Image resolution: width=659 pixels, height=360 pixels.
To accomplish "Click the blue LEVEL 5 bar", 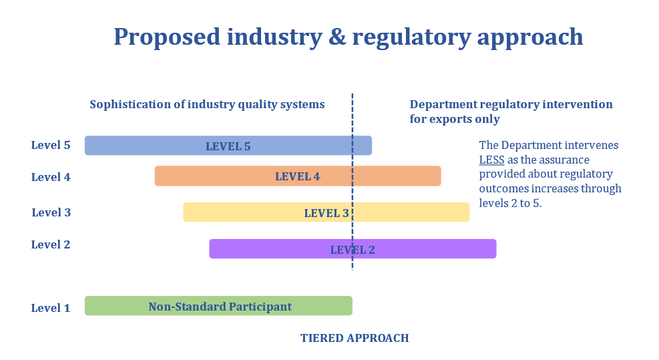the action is (228, 146).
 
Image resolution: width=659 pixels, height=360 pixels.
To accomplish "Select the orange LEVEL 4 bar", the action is (298, 176).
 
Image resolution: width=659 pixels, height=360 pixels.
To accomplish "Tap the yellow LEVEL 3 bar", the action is (326, 212).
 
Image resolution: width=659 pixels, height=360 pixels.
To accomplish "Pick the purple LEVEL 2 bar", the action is (353, 248).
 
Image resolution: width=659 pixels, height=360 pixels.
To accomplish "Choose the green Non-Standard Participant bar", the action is (218, 306).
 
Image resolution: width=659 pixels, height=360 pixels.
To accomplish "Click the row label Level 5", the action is (51, 145).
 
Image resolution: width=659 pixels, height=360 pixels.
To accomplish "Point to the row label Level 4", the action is (51, 177).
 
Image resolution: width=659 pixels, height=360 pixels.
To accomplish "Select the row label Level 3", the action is (51, 212).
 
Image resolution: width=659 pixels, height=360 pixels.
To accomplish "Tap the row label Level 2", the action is (51, 244).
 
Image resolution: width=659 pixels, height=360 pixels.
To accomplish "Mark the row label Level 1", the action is (51, 308).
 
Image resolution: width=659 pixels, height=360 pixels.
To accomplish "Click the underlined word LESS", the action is (491, 160).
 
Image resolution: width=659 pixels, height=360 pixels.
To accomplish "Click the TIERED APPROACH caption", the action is (355, 338).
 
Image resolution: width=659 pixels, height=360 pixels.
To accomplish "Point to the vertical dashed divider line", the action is (352, 182).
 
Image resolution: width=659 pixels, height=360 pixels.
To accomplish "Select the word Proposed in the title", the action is (168, 37).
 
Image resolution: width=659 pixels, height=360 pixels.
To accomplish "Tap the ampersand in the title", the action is (337, 37).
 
